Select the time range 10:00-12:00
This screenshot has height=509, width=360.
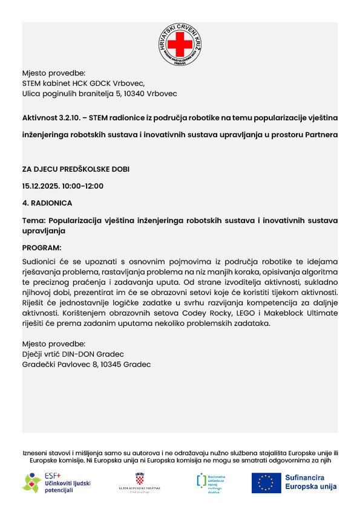tap(82, 186)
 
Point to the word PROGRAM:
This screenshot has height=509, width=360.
tap(42, 248)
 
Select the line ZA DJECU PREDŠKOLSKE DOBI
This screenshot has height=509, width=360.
tap(76, 169)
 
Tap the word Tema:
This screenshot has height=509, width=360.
tap(33, 221)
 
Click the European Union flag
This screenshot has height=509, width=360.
tap(266, 482)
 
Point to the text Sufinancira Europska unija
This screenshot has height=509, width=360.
tap(310, 482)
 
